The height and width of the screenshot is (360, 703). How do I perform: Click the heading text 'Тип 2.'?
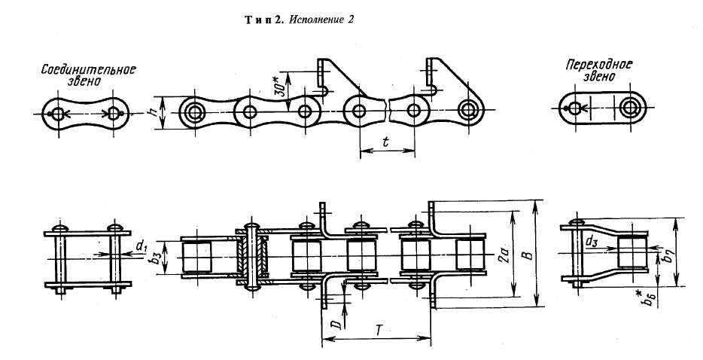[264, 20]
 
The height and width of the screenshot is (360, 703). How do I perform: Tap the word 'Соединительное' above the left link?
[89, 70]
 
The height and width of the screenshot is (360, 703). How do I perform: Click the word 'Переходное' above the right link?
[598, 65]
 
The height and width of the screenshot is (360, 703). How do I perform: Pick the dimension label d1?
[142, 246]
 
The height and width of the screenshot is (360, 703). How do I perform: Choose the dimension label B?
[528, 255]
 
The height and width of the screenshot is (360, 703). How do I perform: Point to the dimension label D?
[339, 324]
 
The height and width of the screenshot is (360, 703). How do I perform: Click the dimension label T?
[379, 331]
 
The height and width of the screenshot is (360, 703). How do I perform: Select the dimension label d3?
[592, 242]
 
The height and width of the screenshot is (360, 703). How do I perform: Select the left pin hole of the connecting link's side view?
[58, 114]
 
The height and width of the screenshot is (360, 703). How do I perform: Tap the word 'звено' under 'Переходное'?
[599, 76]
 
